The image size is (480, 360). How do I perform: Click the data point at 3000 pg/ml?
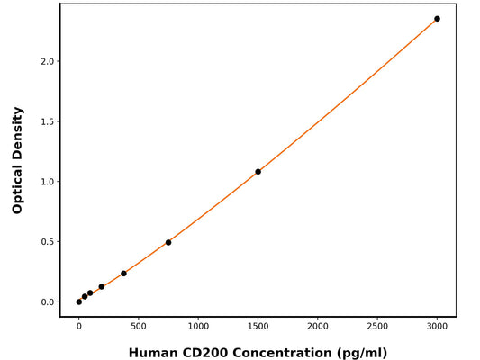437,19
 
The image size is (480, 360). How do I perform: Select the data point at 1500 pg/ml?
258,172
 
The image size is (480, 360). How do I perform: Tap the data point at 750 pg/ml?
168,242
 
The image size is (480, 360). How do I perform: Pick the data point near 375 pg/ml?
123,274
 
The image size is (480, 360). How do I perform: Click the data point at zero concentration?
79,301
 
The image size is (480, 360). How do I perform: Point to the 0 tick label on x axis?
79,326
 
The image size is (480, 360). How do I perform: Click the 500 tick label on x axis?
139,326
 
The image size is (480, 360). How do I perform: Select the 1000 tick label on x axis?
198,326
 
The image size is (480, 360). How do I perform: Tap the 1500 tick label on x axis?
258,326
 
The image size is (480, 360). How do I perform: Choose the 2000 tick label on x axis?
318,326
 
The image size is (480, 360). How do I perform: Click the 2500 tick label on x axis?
377,326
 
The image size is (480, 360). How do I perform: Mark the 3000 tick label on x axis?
437,326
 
